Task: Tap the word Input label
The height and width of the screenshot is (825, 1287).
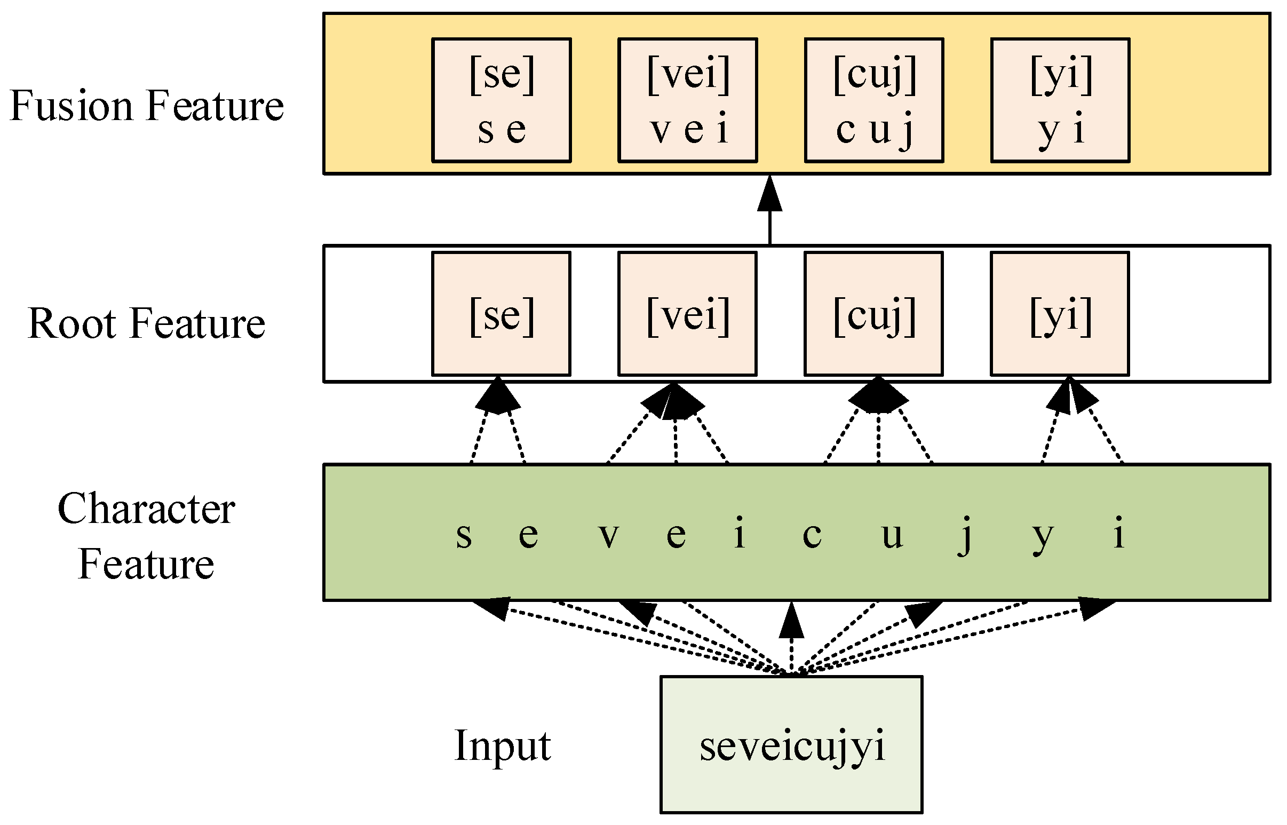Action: coord(503,745)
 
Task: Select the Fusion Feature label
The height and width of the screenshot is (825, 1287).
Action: coord(146,106)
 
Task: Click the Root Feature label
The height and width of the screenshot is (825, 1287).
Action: coord(146,323)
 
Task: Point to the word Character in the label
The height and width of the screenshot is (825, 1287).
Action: coord(146,509)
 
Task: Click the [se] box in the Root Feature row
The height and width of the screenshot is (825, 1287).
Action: coord(502,314)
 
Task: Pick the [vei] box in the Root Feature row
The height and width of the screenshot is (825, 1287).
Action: coord(688,314)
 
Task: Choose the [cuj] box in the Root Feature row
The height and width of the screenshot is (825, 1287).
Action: coord(873,314)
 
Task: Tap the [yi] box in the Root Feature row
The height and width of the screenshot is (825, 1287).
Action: coord(1060,314)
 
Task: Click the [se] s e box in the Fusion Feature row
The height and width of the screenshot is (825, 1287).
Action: coord(502,100)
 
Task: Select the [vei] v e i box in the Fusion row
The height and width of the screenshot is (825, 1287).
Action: coord(688,100)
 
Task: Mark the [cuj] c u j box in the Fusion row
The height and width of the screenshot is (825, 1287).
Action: coord(873,100)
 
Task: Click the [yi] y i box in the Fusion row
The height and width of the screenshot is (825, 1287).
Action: coord(1060,100)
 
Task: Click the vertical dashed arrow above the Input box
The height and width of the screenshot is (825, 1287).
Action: coord(791,638)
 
